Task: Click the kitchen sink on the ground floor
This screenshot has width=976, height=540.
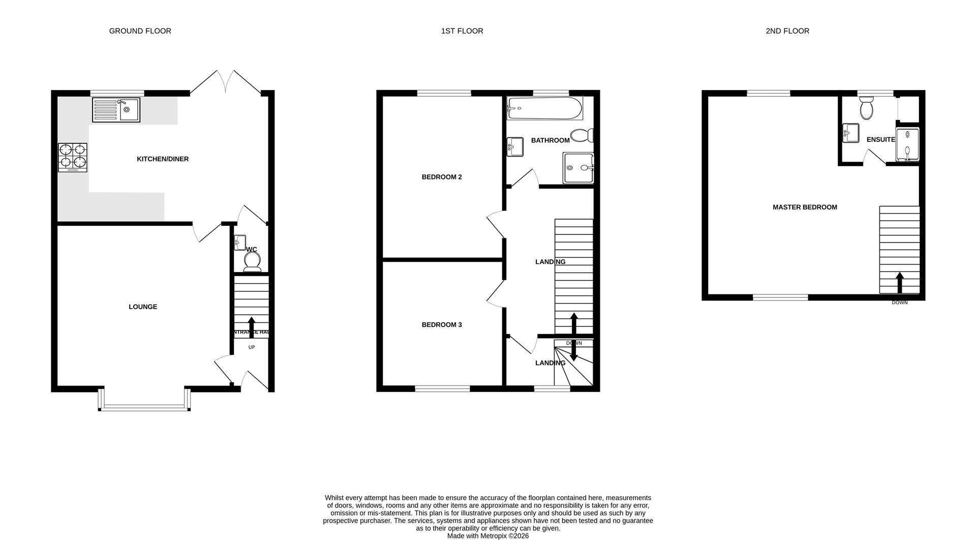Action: coord(116,110)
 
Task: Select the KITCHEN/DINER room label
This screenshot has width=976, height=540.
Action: coord(163,159)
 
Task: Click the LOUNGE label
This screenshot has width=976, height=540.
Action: coord(143,307)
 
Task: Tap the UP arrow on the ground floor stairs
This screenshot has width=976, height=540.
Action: coord(251,324)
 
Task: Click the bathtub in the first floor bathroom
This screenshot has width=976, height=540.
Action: coord(544,108)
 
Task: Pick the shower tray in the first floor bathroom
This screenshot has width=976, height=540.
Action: coord(578,168)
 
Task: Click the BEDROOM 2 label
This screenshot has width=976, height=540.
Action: coord(442,177)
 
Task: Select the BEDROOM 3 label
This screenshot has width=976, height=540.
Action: coord(442,324)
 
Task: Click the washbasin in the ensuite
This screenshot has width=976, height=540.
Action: coord(850,133)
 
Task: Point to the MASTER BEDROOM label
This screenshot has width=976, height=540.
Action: coord(805,207)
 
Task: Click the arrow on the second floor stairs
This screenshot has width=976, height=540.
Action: coord(899,283)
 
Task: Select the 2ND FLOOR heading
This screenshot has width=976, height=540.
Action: coord(787,31)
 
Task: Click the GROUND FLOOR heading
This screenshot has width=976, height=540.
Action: coord(140,31)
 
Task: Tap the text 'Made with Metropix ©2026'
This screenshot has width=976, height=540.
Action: coord(487,536)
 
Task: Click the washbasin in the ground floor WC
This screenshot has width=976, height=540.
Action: coord(240,243)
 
